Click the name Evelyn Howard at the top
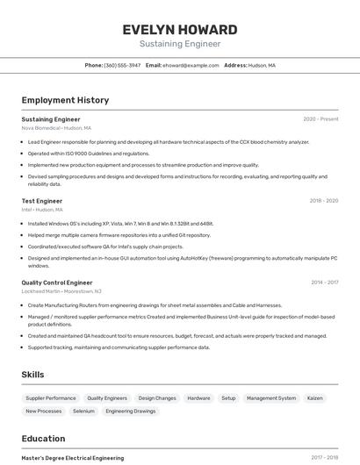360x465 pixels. click(179, 29)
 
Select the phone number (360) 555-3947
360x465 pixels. click(122, 65)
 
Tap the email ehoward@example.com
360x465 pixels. click(191, 65)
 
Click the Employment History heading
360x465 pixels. click(65, 100)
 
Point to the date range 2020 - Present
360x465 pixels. click(320, 119)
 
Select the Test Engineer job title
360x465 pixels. click(42, 201)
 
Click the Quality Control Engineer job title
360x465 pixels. click(57, 283)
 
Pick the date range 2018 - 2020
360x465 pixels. click(323, 201)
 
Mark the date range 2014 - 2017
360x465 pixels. click(324, 283)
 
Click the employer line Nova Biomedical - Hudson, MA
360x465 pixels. click(56, 128)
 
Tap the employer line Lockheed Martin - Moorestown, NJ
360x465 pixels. click(61, 291)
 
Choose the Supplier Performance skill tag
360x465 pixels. click(51, 398)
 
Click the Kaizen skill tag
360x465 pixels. click(314, 398)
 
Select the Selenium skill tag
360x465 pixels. click(83, 411)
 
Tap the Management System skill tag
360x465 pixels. click(271, 398)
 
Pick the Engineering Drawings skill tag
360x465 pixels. click(131, 411)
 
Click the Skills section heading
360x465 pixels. click(33, 375)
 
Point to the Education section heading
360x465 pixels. click(43, 439)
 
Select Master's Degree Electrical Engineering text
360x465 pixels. click(73, 458)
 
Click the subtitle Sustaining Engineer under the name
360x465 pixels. click(179, 44)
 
